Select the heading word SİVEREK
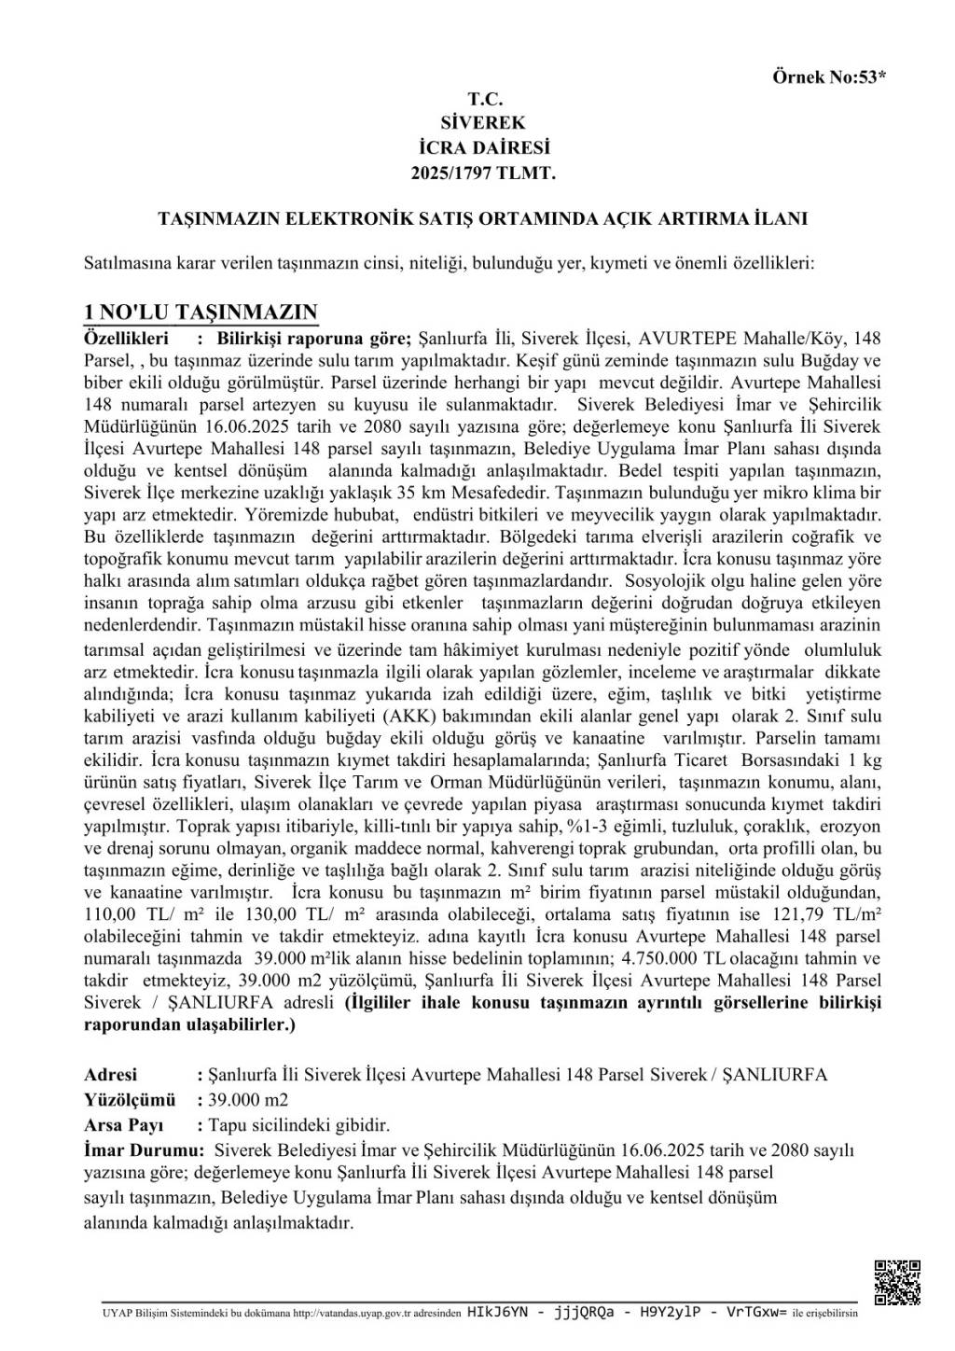click(483, 122)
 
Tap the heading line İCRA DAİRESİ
click(483, 147)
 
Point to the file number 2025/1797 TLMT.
click(483, 172)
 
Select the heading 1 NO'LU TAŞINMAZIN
click(201, 313)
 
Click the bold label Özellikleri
click(126, 336)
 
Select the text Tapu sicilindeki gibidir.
click(299, 1124)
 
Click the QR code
click(896, 1282)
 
